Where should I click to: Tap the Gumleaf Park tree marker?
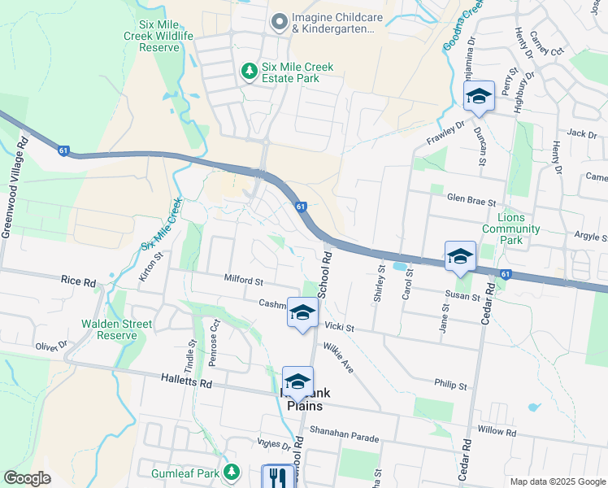tap(232, 472)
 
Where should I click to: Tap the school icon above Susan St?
tap(460, 256)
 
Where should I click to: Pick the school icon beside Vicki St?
tap(302, 313)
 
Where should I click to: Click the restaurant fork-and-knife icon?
tap(279, 477)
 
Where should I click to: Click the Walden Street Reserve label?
tap(116, 329)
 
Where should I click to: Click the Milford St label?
tap(244, 281)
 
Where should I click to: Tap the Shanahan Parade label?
tap(344, 437)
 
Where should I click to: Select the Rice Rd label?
tap(78, 281)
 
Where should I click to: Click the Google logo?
tap(27, 477)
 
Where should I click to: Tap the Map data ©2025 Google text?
tap(556, 481)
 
